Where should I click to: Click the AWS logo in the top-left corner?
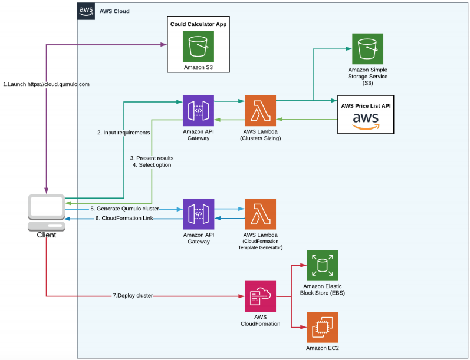click(86, 11)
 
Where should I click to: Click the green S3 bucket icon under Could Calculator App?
click(198, 46)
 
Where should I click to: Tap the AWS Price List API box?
click(366, 114)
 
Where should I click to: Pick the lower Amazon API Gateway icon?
click(199, 214)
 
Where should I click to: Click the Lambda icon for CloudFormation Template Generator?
click(260, 214)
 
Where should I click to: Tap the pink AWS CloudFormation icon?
click(260, 296)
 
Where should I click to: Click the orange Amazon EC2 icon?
click(322, 327)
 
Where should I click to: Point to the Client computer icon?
click(47, 213)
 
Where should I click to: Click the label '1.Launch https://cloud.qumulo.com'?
click(46, 84)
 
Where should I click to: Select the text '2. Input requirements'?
click(124, 133)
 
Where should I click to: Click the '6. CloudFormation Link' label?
click(124, 219)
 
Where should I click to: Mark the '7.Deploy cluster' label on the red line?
click(133, 296)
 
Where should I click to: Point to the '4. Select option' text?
click(152, 165)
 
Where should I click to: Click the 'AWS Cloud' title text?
click(114, 11)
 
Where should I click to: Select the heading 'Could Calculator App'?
click(198, 24)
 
